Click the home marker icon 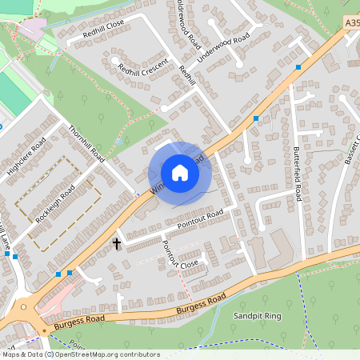[x=180, y=172]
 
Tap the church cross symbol [x=117, y=242]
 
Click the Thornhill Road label [x=87, y=141]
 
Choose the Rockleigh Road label [x=55, y=204]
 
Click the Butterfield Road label [x=297, y=177]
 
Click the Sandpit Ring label [x=258, y=317]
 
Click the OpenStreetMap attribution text [x=80, y=354]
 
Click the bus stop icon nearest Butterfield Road [x=298, y=67]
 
